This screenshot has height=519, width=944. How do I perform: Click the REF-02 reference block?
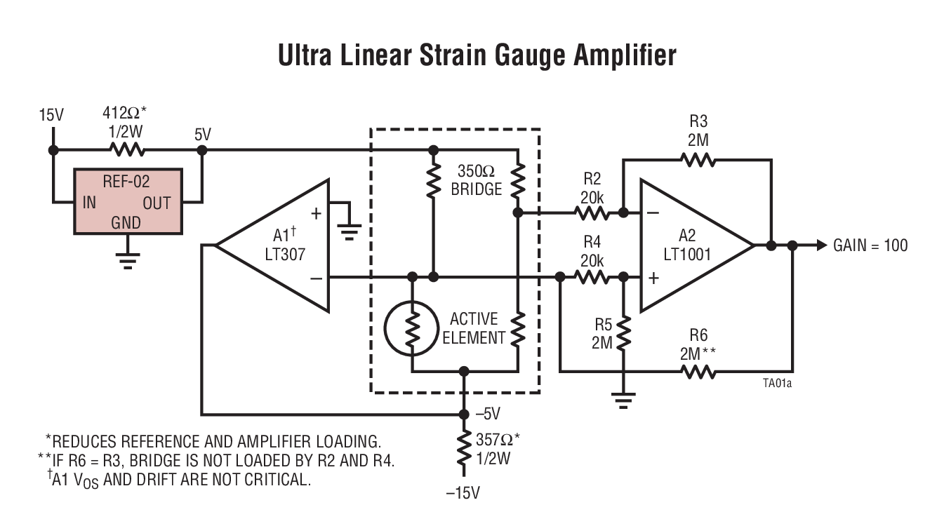[x=128, y=201]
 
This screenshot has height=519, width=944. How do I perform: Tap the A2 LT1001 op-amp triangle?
[x=691, y=245]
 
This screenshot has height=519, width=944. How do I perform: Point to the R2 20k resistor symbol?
[x=592, y=212]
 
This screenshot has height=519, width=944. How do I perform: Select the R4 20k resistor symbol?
[x=592, y=278]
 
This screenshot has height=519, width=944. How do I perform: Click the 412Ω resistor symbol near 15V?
[x=127, y=150]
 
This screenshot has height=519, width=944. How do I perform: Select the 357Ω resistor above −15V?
[x=463, y=449]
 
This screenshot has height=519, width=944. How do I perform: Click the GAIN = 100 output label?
[x=870, y=245]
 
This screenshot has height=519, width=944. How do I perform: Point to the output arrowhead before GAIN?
[x=820, y=245]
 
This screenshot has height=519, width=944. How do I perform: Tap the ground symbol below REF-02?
[x=127, y=261]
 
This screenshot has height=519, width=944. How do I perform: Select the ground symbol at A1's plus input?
[x=349, y=231]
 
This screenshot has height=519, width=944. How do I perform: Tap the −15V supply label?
[x=463, y=493]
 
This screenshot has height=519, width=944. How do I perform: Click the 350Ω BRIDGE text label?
[x=477, y=180]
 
